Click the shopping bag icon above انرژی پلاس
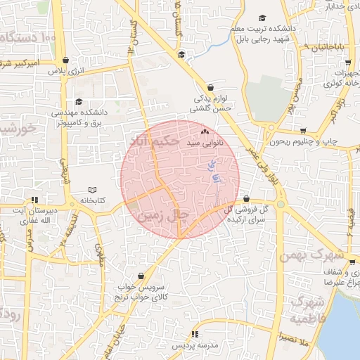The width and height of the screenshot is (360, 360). [x=66, y=60]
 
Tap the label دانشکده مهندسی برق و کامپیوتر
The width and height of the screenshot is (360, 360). [x=79, y=117]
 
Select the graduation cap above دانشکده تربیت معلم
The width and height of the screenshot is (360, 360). [x=262, y=18]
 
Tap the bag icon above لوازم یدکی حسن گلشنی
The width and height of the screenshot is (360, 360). [x=210, y=88]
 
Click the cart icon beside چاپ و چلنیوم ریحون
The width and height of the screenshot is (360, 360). [x=303, y=131]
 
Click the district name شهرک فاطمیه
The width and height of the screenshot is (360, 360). [x=311, y=309]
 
